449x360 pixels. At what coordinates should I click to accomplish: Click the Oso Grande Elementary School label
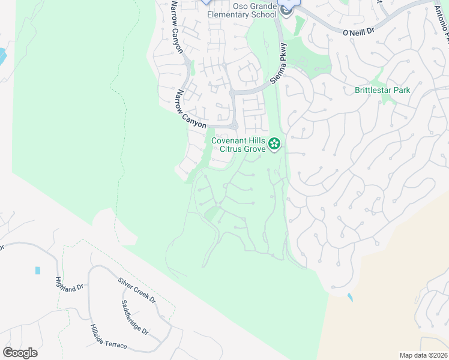[x=242, y=10]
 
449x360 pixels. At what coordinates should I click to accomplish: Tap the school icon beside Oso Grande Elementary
[x=286, y=11]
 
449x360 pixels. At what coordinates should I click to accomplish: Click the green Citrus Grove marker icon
[x=274, y=143]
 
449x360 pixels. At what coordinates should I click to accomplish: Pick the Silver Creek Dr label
[x=136, y=290]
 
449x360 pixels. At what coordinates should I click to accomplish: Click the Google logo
[x=20, y=353]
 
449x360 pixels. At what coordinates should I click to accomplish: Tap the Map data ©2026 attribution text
[x=423, y=355]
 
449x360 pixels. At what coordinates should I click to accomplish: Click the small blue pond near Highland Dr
[x=38, y=271]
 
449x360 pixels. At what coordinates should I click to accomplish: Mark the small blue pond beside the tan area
[x=350, y=297]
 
